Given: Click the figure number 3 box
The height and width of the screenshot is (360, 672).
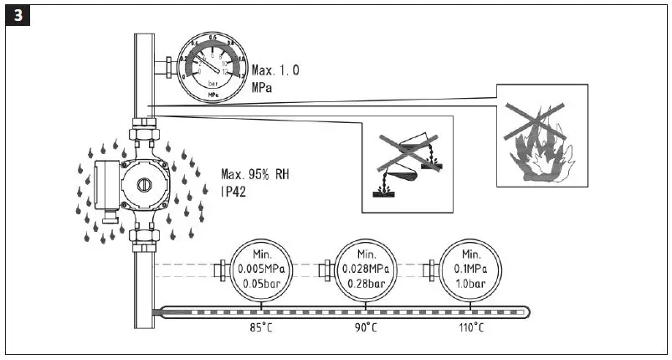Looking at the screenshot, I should pyautogui.click(x=17, y=17).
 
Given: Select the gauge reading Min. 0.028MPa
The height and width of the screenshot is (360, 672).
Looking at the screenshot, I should pyautogui.click(x=366, y=269).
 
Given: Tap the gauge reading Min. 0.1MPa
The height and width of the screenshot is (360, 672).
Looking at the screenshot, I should pyautogui.click(x=472, y=269).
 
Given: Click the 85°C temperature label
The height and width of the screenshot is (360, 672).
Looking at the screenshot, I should pyautogui.click(x=260, y=327).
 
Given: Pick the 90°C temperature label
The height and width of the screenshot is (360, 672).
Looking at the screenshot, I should pyautogui.click(x=366, y=327).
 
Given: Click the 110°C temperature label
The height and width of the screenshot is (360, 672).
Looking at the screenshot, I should pyautogui.click(x=472, y=327).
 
